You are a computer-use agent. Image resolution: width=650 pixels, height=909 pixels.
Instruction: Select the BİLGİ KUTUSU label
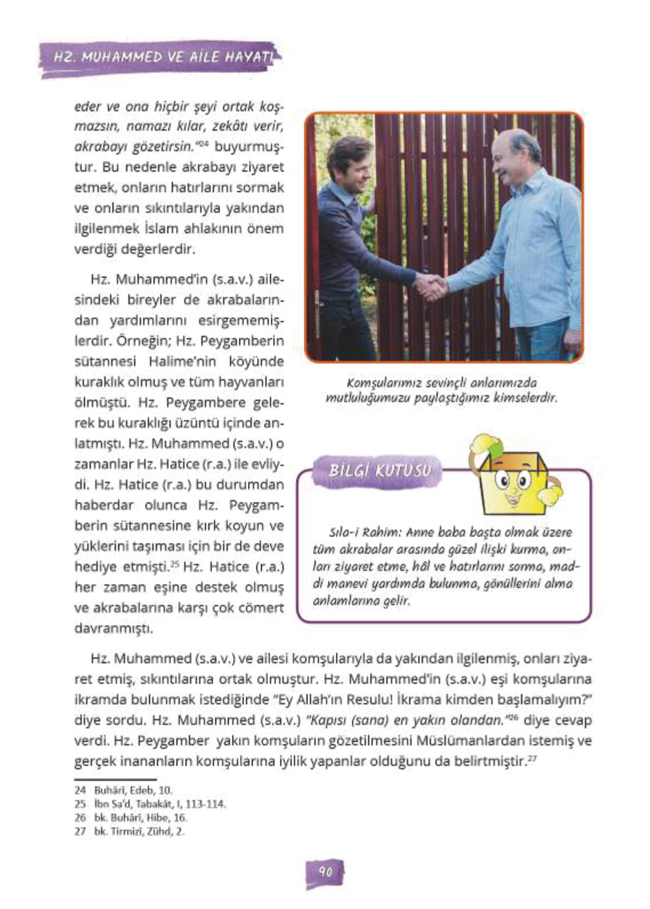378,471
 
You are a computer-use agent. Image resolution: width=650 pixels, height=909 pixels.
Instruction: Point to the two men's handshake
431,286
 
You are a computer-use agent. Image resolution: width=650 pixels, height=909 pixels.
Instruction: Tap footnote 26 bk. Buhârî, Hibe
131,818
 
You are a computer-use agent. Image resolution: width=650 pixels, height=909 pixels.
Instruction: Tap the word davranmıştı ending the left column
113,629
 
